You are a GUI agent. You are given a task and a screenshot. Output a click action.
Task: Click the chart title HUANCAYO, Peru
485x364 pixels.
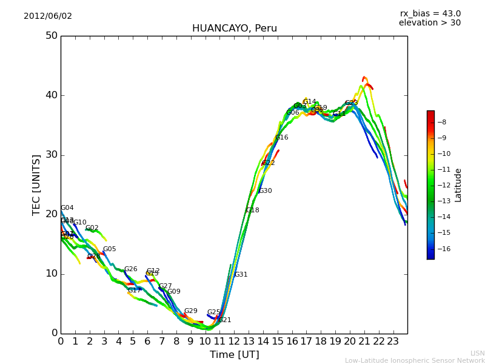click(x=234, y=29)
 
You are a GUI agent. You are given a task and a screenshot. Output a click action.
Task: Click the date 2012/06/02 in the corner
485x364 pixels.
click(x=48, y=16)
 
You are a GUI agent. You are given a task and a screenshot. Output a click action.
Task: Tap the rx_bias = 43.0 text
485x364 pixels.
click(x=430, y=14)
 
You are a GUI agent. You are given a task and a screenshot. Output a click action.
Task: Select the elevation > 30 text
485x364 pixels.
click(x=429, y=23)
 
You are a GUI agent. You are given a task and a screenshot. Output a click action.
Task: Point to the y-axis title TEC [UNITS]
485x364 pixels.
click(x=36, y=184)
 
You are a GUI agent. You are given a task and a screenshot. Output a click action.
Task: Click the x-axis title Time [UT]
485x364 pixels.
click(x=234, y=355)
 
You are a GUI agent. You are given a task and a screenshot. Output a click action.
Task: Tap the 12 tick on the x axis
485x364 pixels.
click(x=234, y=342)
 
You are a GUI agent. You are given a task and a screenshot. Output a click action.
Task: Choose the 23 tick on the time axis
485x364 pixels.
click(x=393, y=342)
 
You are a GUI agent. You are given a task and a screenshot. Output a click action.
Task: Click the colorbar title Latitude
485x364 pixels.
click(x=458, y=185)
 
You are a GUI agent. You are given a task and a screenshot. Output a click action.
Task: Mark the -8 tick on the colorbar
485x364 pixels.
click(x=441, y=122)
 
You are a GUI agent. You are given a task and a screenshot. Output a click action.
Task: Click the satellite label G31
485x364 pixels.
click(x=241, y=275)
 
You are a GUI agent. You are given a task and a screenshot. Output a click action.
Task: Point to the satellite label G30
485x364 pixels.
click(x=265, y=191)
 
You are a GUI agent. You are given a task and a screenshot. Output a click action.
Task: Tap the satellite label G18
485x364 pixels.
click(x=252, y=211)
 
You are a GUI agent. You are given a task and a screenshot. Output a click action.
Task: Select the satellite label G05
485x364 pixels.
click(x=109, y=249)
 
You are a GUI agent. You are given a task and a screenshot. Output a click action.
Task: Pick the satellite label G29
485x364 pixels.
click(x=190, y=311)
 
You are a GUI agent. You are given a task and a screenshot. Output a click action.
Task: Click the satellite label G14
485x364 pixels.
click(x=309, y=102)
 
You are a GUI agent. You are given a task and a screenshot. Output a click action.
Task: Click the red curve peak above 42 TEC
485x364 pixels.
click(x=364, y=78)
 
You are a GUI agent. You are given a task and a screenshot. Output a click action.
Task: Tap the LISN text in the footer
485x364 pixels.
click(x=477, y=353)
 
